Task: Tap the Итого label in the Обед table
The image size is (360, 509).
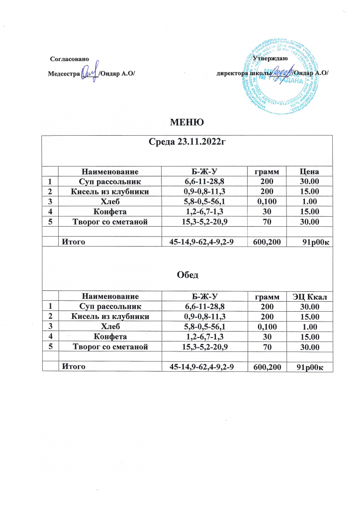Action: tap(72, 366)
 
